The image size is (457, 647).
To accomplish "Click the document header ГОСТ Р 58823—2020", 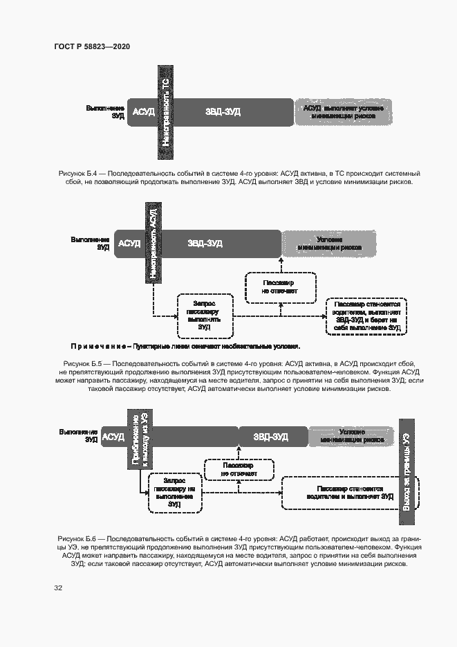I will (92, 46).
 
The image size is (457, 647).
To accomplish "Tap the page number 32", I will (59, 588).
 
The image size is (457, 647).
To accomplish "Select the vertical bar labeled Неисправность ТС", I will (167, 111).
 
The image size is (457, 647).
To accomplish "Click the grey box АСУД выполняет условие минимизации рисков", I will (344, 112).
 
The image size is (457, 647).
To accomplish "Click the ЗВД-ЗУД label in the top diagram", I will (223, 112).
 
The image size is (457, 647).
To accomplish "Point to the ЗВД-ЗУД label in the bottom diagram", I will (271, 437).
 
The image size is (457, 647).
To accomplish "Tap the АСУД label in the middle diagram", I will (129, 244).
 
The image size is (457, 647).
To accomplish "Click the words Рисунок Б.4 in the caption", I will (79, 172).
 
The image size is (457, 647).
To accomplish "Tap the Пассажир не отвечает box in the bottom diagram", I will (237, 470).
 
